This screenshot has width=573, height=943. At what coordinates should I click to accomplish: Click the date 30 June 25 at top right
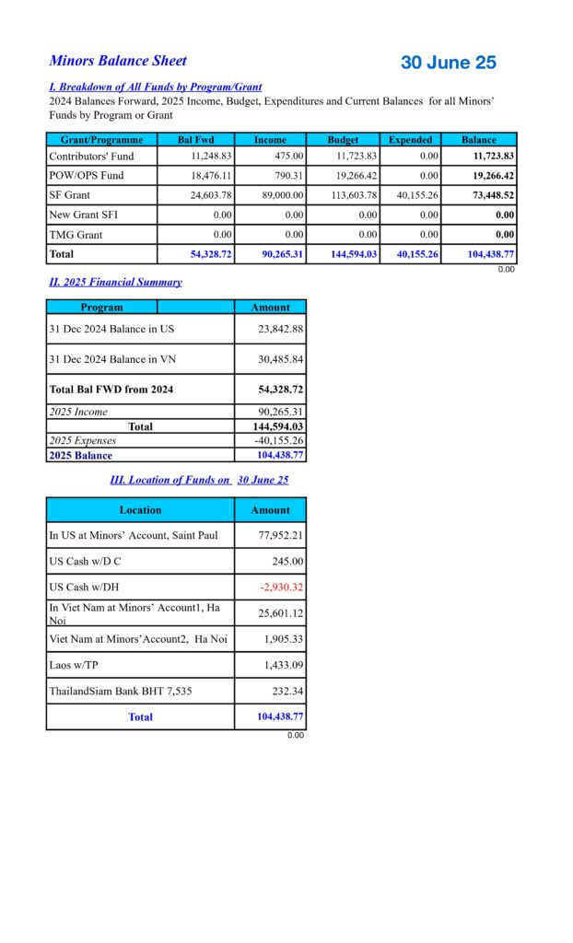click(448, 63)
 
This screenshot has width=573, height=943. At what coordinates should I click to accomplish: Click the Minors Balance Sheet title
click(118, 61)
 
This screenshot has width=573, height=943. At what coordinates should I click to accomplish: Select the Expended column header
click(410, 140)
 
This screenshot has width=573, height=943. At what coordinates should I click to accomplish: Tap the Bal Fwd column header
click(195, 140)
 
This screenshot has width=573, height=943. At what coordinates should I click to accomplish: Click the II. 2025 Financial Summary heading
click(115, 282)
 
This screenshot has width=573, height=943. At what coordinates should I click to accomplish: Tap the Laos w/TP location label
click(79, 665)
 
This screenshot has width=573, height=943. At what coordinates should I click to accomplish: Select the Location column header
click(140, 509)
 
